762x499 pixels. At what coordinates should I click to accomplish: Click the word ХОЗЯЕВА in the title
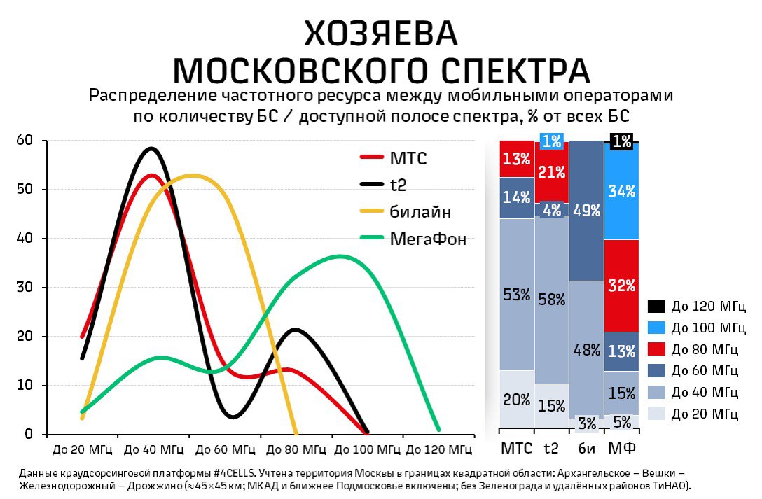380,34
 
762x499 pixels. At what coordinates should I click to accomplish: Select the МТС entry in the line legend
394,158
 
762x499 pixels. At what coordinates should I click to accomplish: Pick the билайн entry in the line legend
406,211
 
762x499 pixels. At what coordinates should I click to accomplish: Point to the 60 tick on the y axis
25,140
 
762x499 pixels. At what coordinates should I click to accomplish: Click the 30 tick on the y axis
25,287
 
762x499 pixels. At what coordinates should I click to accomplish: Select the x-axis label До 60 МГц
225,449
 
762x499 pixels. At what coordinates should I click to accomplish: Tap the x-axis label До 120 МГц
439,449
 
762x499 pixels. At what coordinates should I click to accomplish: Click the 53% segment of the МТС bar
517,295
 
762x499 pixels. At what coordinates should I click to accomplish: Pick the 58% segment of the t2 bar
552,300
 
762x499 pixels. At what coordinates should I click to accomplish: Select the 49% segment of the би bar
586,211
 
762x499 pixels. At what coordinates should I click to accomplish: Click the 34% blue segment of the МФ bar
621,191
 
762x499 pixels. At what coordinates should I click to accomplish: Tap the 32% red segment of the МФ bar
621,286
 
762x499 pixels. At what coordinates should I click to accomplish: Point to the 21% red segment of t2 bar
552,172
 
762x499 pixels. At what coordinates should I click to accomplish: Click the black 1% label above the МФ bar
621,141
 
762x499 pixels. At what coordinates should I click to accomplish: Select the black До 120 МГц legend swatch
656,307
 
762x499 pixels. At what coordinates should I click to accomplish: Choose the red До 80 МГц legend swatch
656,349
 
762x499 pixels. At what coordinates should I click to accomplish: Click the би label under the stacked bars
586,448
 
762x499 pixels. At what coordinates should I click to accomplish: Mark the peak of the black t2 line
151,148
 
